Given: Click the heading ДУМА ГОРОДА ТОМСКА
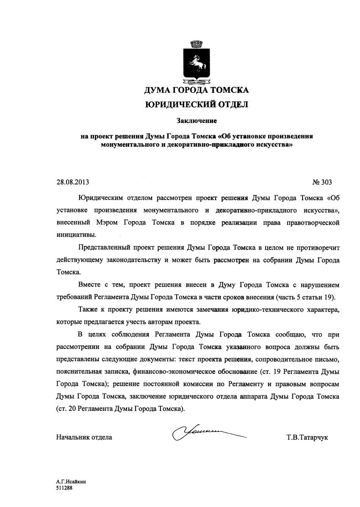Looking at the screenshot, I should click(197, 90).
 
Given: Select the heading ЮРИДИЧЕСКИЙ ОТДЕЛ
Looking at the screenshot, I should click(197, 104).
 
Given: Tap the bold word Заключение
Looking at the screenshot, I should click(197, 121).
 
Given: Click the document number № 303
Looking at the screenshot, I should click(322, 182).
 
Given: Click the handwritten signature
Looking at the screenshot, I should click(208, 433).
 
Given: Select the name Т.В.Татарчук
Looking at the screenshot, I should click(307, 437).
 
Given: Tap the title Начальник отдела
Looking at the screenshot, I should click(84, 437).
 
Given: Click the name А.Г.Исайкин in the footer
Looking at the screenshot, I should click(68, 482).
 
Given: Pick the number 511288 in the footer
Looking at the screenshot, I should click(64, 488).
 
